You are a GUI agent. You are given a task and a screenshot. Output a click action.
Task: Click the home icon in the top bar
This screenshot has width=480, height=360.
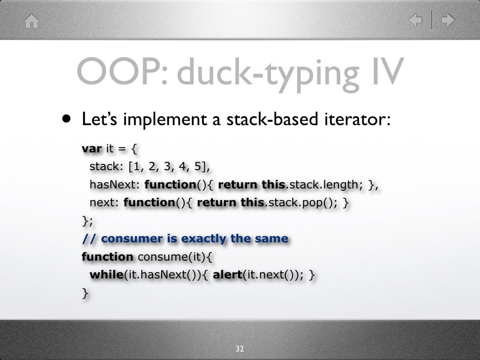(x=31, y=21)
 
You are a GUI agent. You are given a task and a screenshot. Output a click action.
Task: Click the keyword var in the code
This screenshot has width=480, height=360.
(x=92, y=149)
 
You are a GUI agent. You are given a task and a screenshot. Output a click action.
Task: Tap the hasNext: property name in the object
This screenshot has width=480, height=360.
(x=114, y=185)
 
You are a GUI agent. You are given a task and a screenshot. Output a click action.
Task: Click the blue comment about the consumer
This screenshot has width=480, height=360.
(x=185, y=239)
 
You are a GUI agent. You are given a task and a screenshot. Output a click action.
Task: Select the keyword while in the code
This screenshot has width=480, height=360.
(x=106, y=275)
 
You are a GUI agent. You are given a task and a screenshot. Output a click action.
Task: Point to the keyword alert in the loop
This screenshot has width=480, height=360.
(x=227, y=275)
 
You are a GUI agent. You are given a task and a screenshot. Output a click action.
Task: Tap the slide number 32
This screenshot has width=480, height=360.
(x=240, y=349)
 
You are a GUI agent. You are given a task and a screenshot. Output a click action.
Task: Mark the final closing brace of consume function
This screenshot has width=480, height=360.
(x=84, y=293)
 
